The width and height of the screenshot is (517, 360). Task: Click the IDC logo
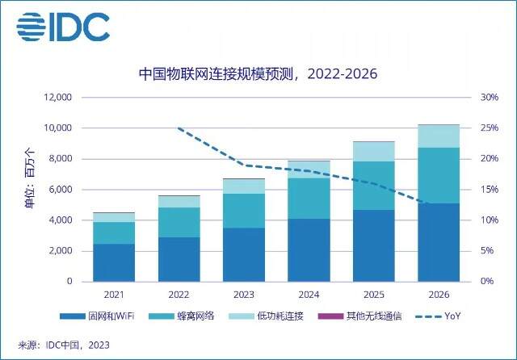(x=63, y=27)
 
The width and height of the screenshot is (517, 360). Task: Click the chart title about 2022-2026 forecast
(x=258, y=73)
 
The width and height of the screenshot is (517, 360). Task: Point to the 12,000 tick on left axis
(x=57, y=97)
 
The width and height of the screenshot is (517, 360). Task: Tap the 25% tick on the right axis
(x=490, y=128)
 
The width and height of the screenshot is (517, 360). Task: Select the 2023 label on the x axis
(x=244, y=295)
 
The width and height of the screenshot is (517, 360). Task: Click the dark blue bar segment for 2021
(x=114, y=262)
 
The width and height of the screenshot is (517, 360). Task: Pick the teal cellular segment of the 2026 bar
(x=439, y=175)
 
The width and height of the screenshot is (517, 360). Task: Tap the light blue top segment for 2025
(x=373, y=152)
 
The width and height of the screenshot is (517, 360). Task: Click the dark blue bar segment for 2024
(x=309, y=250)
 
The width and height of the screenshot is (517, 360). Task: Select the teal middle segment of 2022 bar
(x=179, y=222)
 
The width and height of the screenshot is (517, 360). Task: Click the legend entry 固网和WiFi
(x=97, y=316)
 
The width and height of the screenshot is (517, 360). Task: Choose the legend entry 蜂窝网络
(x=181, y=316)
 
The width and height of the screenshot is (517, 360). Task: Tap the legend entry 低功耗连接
(x=266, y=316)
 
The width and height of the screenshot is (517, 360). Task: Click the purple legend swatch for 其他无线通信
(x=330, y=316)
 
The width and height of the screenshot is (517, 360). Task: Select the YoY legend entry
(x=438, y=316)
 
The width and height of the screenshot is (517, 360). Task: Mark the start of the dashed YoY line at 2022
(x=179, y=128)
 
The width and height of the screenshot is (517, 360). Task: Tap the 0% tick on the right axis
(x=487, y=281)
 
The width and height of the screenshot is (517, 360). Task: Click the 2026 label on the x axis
(x=439, y=295)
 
